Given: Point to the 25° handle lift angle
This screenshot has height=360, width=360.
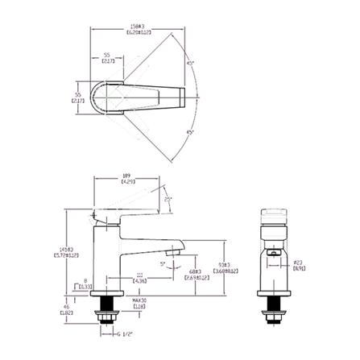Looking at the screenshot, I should (168, 197).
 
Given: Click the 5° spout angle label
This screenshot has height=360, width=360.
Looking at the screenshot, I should (163, 263).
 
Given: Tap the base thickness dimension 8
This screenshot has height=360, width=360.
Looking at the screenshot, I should (85, 283).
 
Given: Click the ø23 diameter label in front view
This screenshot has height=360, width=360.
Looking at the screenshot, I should (297, 265).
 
